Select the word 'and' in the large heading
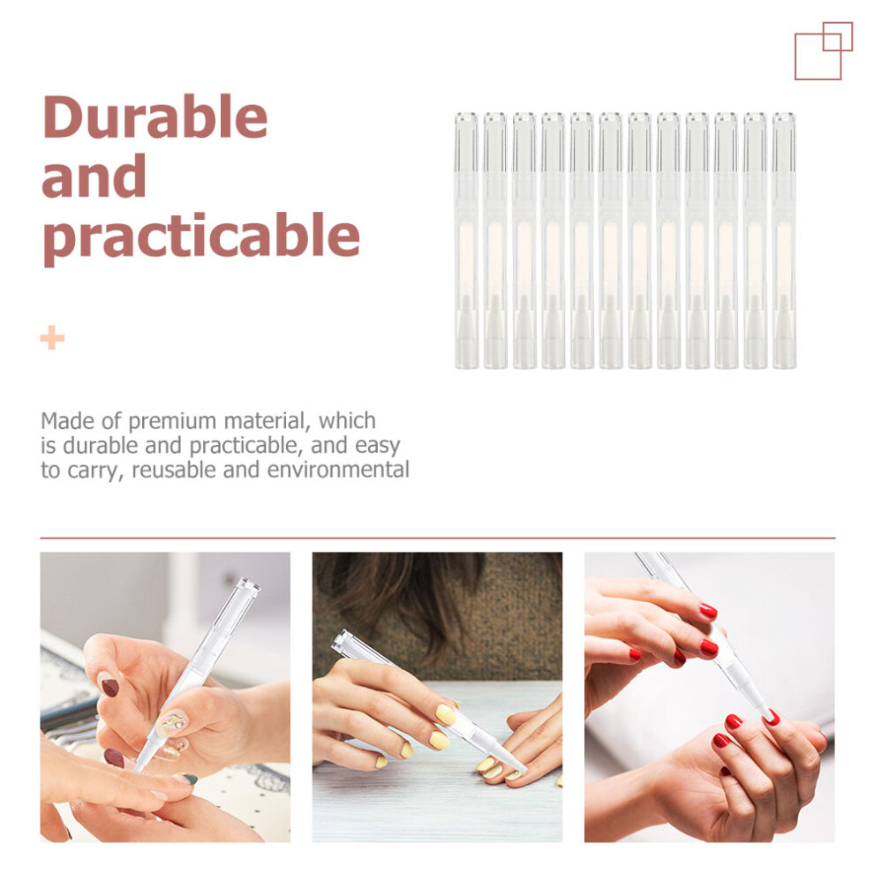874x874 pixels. click(94, 177)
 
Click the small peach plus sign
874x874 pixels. click(52, 338)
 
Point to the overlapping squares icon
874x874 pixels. click(824, 50)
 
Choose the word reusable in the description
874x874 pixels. click(175, 470)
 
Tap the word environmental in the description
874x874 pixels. click(338, 470)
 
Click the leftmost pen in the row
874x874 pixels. click(466, 240)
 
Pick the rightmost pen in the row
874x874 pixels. click(784, 240)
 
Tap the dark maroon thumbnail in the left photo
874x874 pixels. click(109, 687)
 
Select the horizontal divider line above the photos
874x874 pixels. click(438, 539)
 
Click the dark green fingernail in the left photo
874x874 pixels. click(189, 780)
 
